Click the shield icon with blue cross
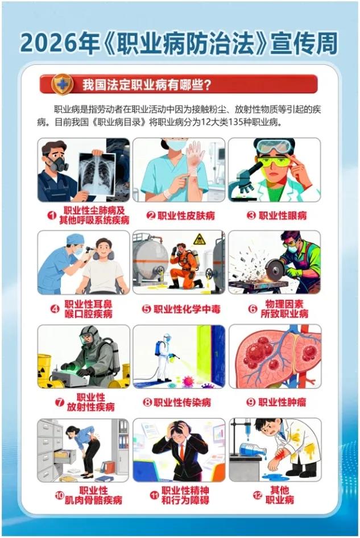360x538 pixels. [62, 84]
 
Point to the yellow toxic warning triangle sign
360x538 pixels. [199, 239]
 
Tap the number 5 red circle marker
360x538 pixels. [147, 309]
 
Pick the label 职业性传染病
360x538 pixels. [182, 403]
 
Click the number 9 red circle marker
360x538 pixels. [251, 402]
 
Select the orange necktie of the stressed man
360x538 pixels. [181, 452]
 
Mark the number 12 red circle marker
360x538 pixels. [258, 495]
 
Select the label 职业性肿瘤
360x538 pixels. [282, 402]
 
